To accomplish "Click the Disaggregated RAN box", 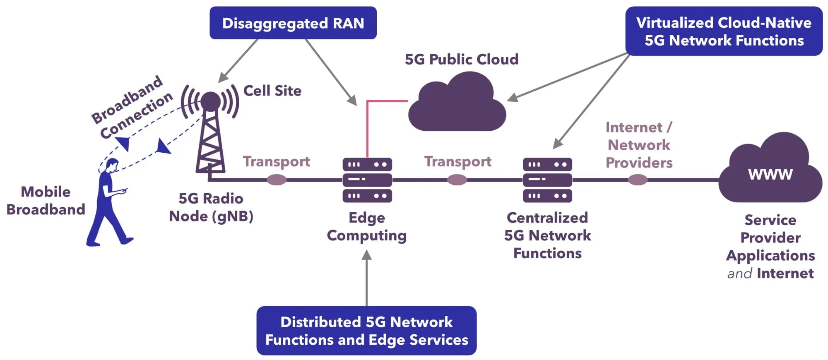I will tap(293, 23).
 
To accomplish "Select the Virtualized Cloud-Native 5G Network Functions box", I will tap(724, 31).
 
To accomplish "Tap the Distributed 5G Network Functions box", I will tap(366, 331).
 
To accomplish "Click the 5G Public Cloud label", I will tap(461, 60).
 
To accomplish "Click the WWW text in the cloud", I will tap(770, 174).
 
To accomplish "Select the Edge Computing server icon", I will tap(367, 180).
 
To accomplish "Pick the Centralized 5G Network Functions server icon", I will tap(547, 180).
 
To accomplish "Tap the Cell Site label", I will tap(272, 91).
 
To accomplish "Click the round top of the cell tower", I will tap(211, 101).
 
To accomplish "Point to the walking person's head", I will tap(112, 166).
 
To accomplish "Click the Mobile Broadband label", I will tap(46, 201).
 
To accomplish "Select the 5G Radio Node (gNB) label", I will tap(211, 207).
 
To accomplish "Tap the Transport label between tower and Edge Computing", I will tap(276, 161).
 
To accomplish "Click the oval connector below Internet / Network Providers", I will tap(638, 180).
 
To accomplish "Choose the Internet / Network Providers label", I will tap(639, 145).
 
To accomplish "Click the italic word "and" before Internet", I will tap(739, 274).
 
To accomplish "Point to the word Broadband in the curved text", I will tap(127, 99).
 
